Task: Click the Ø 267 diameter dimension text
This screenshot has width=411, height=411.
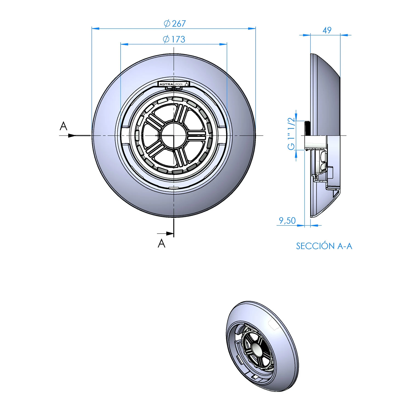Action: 175,24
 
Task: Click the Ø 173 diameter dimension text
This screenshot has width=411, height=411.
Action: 174,39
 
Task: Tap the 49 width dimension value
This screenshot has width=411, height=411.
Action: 327,30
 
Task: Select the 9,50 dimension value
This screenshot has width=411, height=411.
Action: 287,220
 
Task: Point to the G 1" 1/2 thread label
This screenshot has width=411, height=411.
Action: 292,134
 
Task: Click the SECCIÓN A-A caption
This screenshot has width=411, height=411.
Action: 324,246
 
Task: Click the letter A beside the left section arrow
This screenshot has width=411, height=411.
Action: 63,126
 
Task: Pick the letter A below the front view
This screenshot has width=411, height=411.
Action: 161,243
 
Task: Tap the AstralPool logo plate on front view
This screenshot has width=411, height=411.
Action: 174,84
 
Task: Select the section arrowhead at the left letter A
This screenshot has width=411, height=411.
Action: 72,135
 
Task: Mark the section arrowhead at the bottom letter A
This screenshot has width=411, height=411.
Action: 170,234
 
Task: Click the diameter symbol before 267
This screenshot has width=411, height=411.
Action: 167,24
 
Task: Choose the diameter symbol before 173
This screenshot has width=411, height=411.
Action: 166,39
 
